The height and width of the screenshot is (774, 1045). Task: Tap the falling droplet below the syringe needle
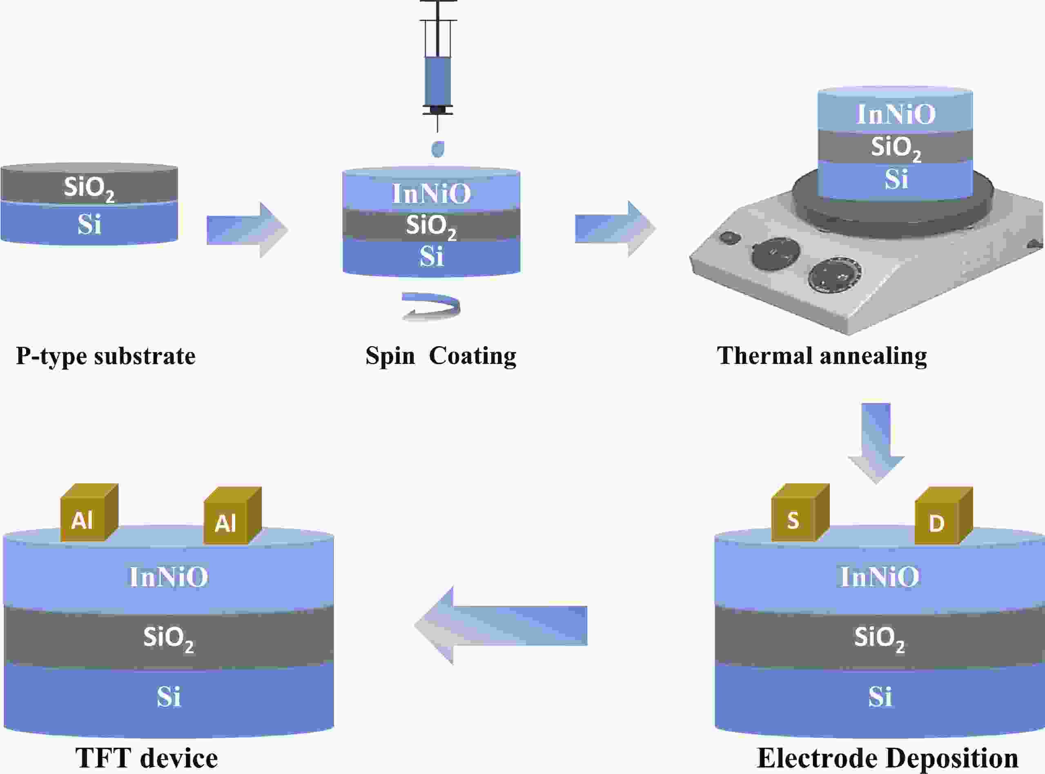pyautogui.click(x=438, y=149)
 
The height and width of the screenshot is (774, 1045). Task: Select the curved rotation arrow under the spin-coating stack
pyautogui.click(x=431, y=307)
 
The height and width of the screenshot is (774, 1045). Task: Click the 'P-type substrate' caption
pyautogui.click(x=106, y=356)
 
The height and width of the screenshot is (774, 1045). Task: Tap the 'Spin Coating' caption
pyautogui.click(x=441, y=356)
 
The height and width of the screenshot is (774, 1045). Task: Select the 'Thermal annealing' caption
pyautogui.click(x=822, y=356)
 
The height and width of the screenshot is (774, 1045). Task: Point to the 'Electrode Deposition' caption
pyautogui.click(x=887, y=758)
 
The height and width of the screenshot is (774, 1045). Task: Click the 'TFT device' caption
pyautogui.click(x=147, y=758)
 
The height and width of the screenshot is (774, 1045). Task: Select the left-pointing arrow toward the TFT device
pyautogui.click(x=501, y=625)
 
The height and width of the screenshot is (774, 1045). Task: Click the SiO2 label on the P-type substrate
pyautogui.click(x=89, y=188)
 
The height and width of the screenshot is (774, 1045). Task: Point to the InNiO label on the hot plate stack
pyautogui.click(x=896, y=114)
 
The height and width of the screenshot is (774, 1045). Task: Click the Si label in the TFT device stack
pyautogui.click(x=168, y=697)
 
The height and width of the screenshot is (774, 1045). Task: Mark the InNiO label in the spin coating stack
pyautogui.click(x=431, y=194)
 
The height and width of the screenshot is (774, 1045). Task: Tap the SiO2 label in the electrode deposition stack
pyautogui.click(x=879, y=638)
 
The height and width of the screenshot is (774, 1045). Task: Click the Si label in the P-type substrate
pyautogui.click(x=89, y=225)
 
